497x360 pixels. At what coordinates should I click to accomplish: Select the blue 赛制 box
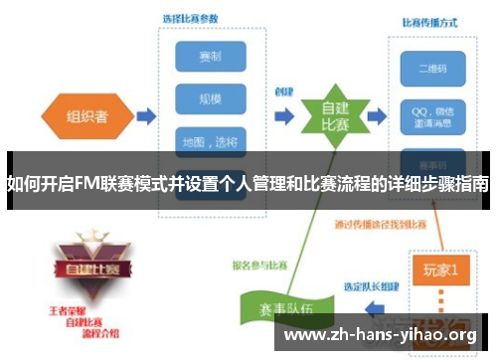211,56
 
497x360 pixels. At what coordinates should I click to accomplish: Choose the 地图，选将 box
211,141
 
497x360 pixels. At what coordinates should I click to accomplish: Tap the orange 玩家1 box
439,268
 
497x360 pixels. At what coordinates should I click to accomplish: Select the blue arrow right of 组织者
145,116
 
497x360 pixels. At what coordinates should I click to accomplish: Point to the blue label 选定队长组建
372,286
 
